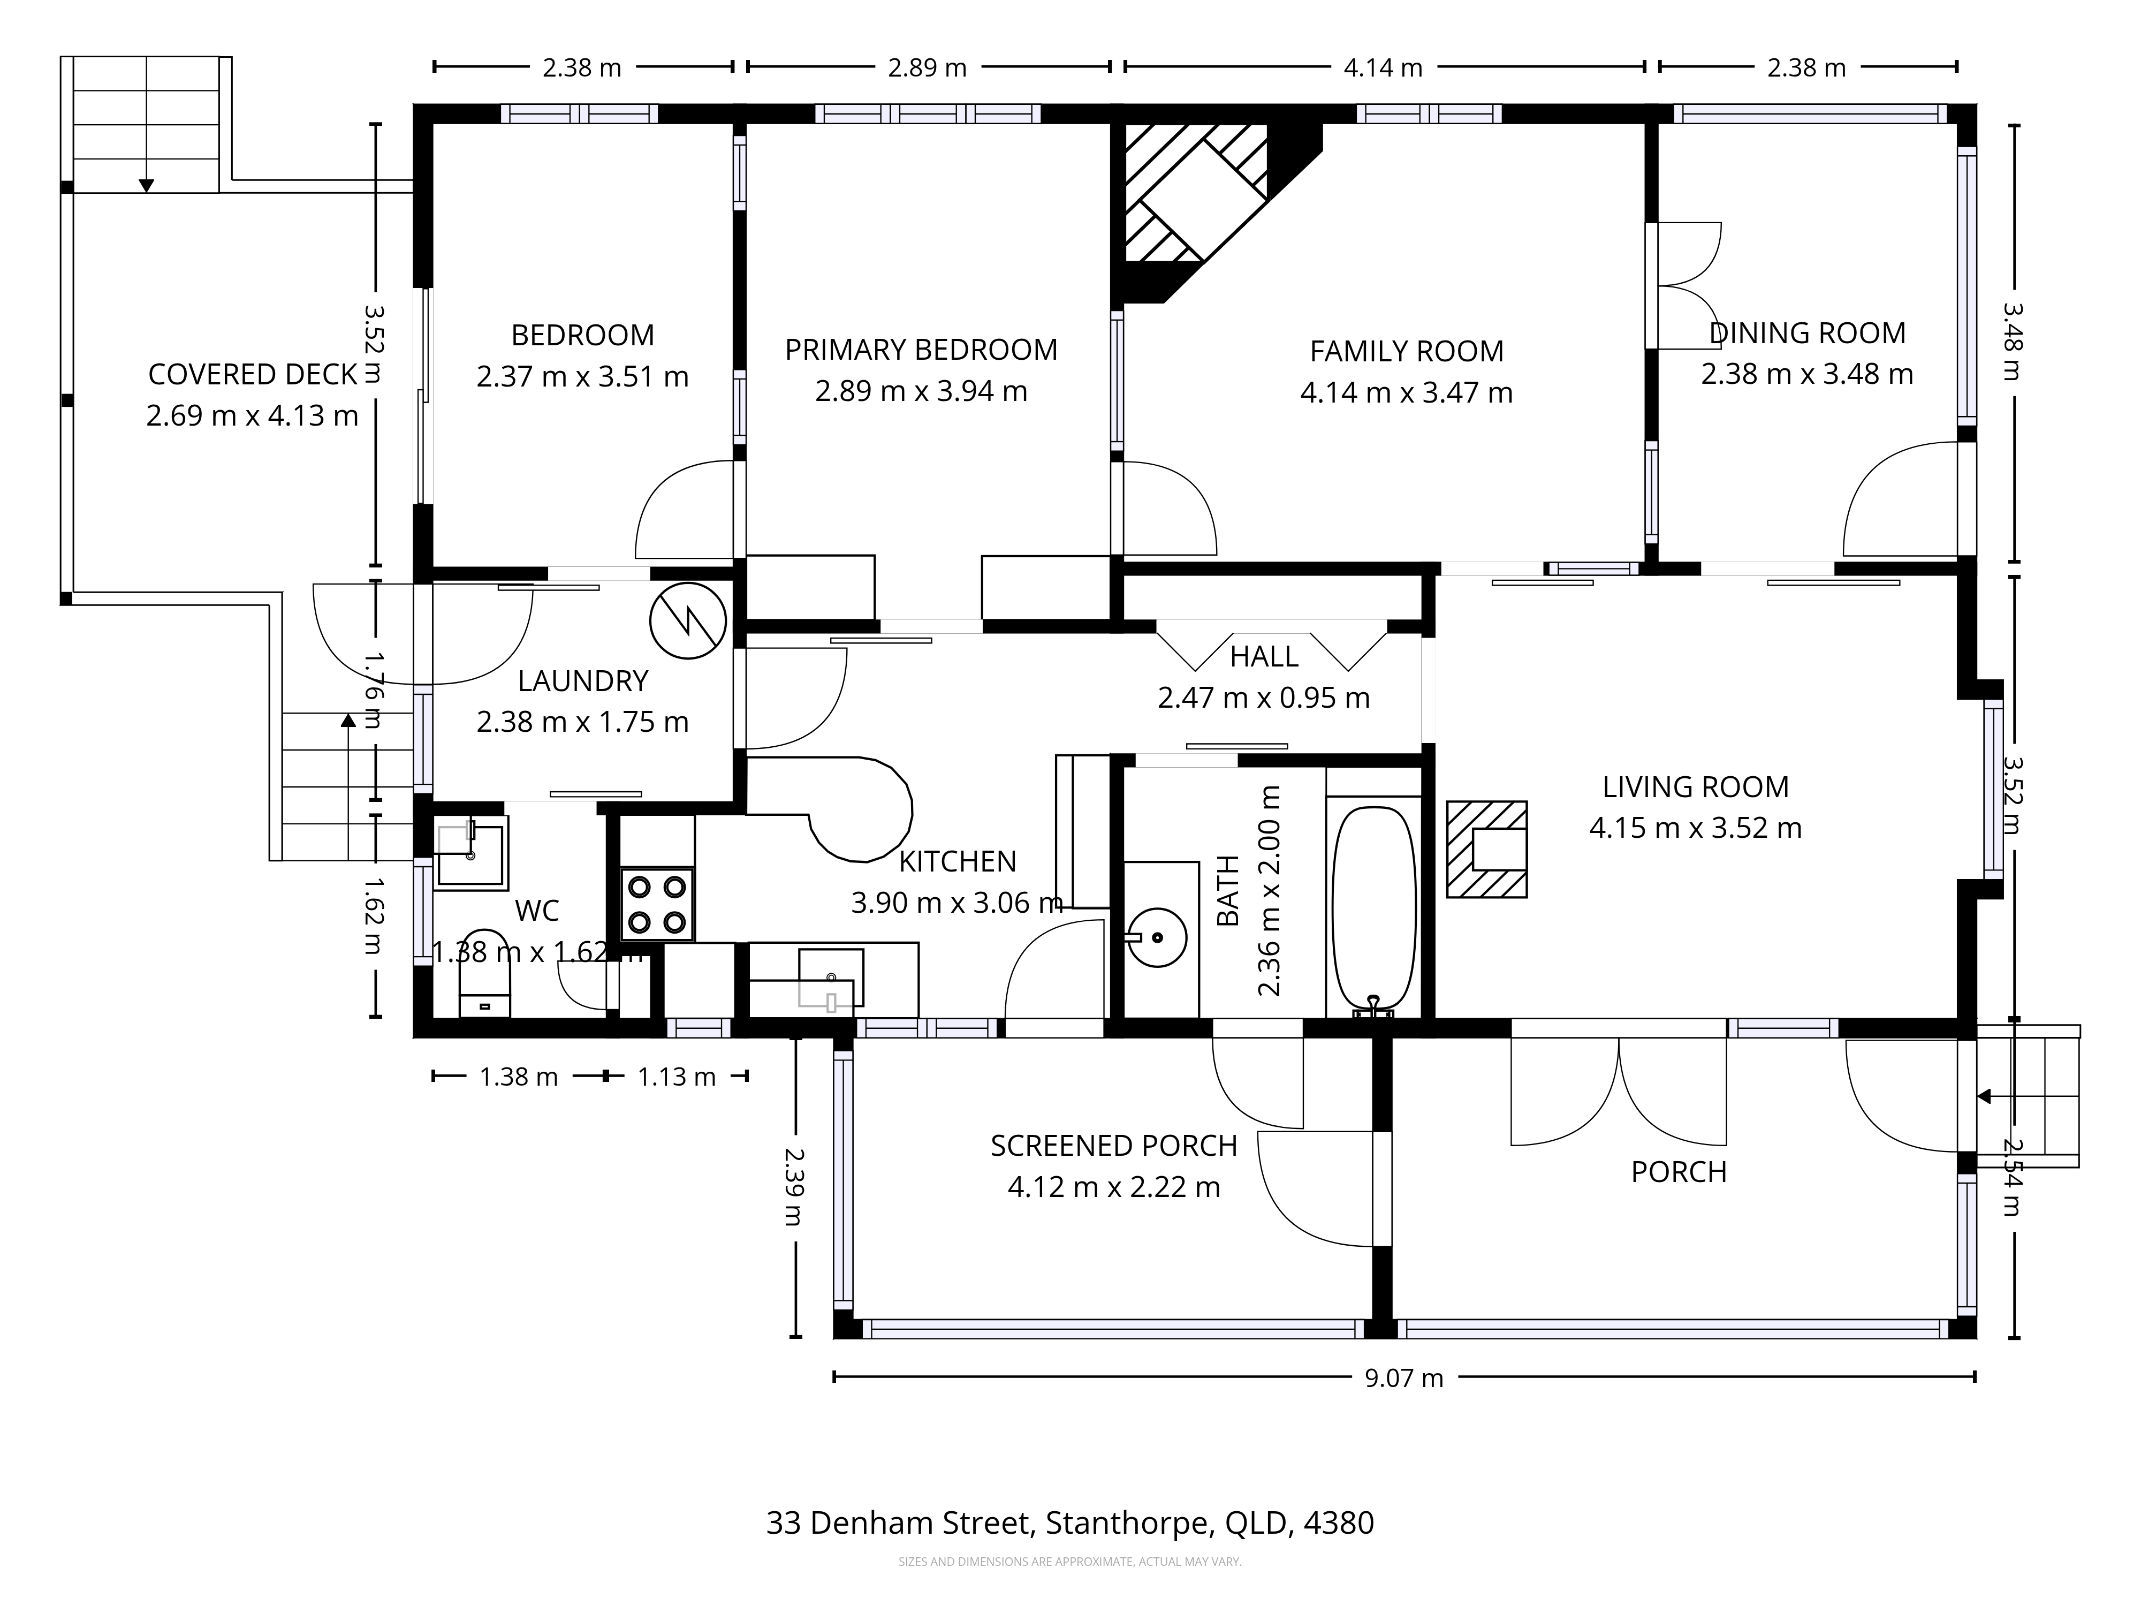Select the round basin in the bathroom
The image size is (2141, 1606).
point(1158,937)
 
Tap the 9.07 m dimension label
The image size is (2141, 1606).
point(1403,1377)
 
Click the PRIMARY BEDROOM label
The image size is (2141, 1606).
point(921,350)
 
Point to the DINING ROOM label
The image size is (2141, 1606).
point(1807,333)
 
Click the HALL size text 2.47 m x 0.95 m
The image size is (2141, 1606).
point(1263,698)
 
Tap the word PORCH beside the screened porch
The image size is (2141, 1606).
point(1679,1172)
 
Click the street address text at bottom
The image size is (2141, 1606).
point(1069,1524)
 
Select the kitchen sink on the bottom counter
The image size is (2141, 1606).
point(831,978)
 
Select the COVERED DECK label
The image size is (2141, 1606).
point(253,375)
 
